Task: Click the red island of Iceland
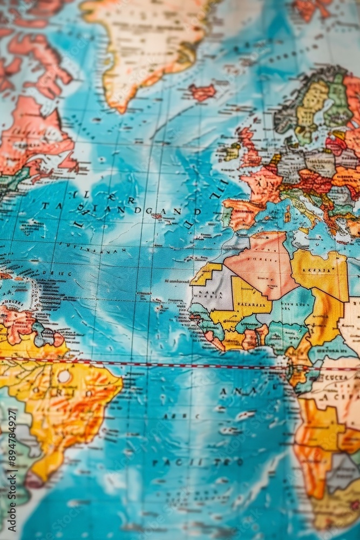(x=202, y=92)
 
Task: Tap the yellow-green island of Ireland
(x=232, y=152)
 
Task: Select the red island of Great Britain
(x=249, y=148)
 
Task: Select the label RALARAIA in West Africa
(x=249, y=304)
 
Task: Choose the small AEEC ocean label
(x=174, y=416)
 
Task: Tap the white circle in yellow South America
(x=64, y=376)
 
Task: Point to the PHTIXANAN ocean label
(x=92, y=248)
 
